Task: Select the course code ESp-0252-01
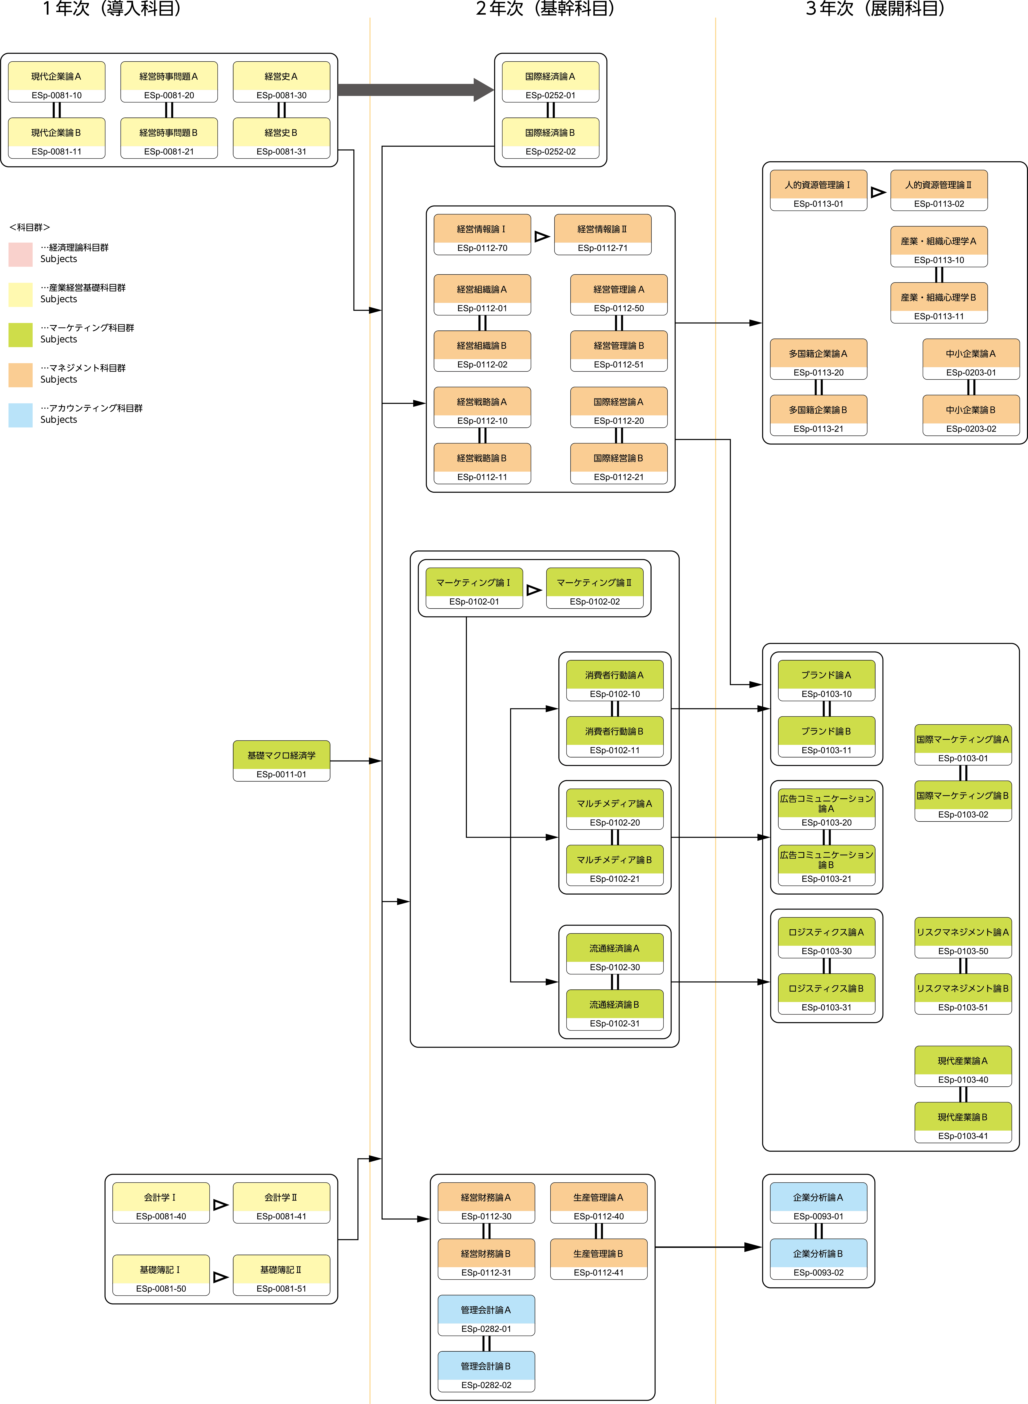click(550, 95)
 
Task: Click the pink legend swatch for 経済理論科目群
click(21, 255)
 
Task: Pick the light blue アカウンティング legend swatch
click(21, 415)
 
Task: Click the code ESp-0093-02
click(818, 1273)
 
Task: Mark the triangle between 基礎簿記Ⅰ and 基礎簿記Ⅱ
click(220, 1277)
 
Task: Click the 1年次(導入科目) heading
click(112, 9)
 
